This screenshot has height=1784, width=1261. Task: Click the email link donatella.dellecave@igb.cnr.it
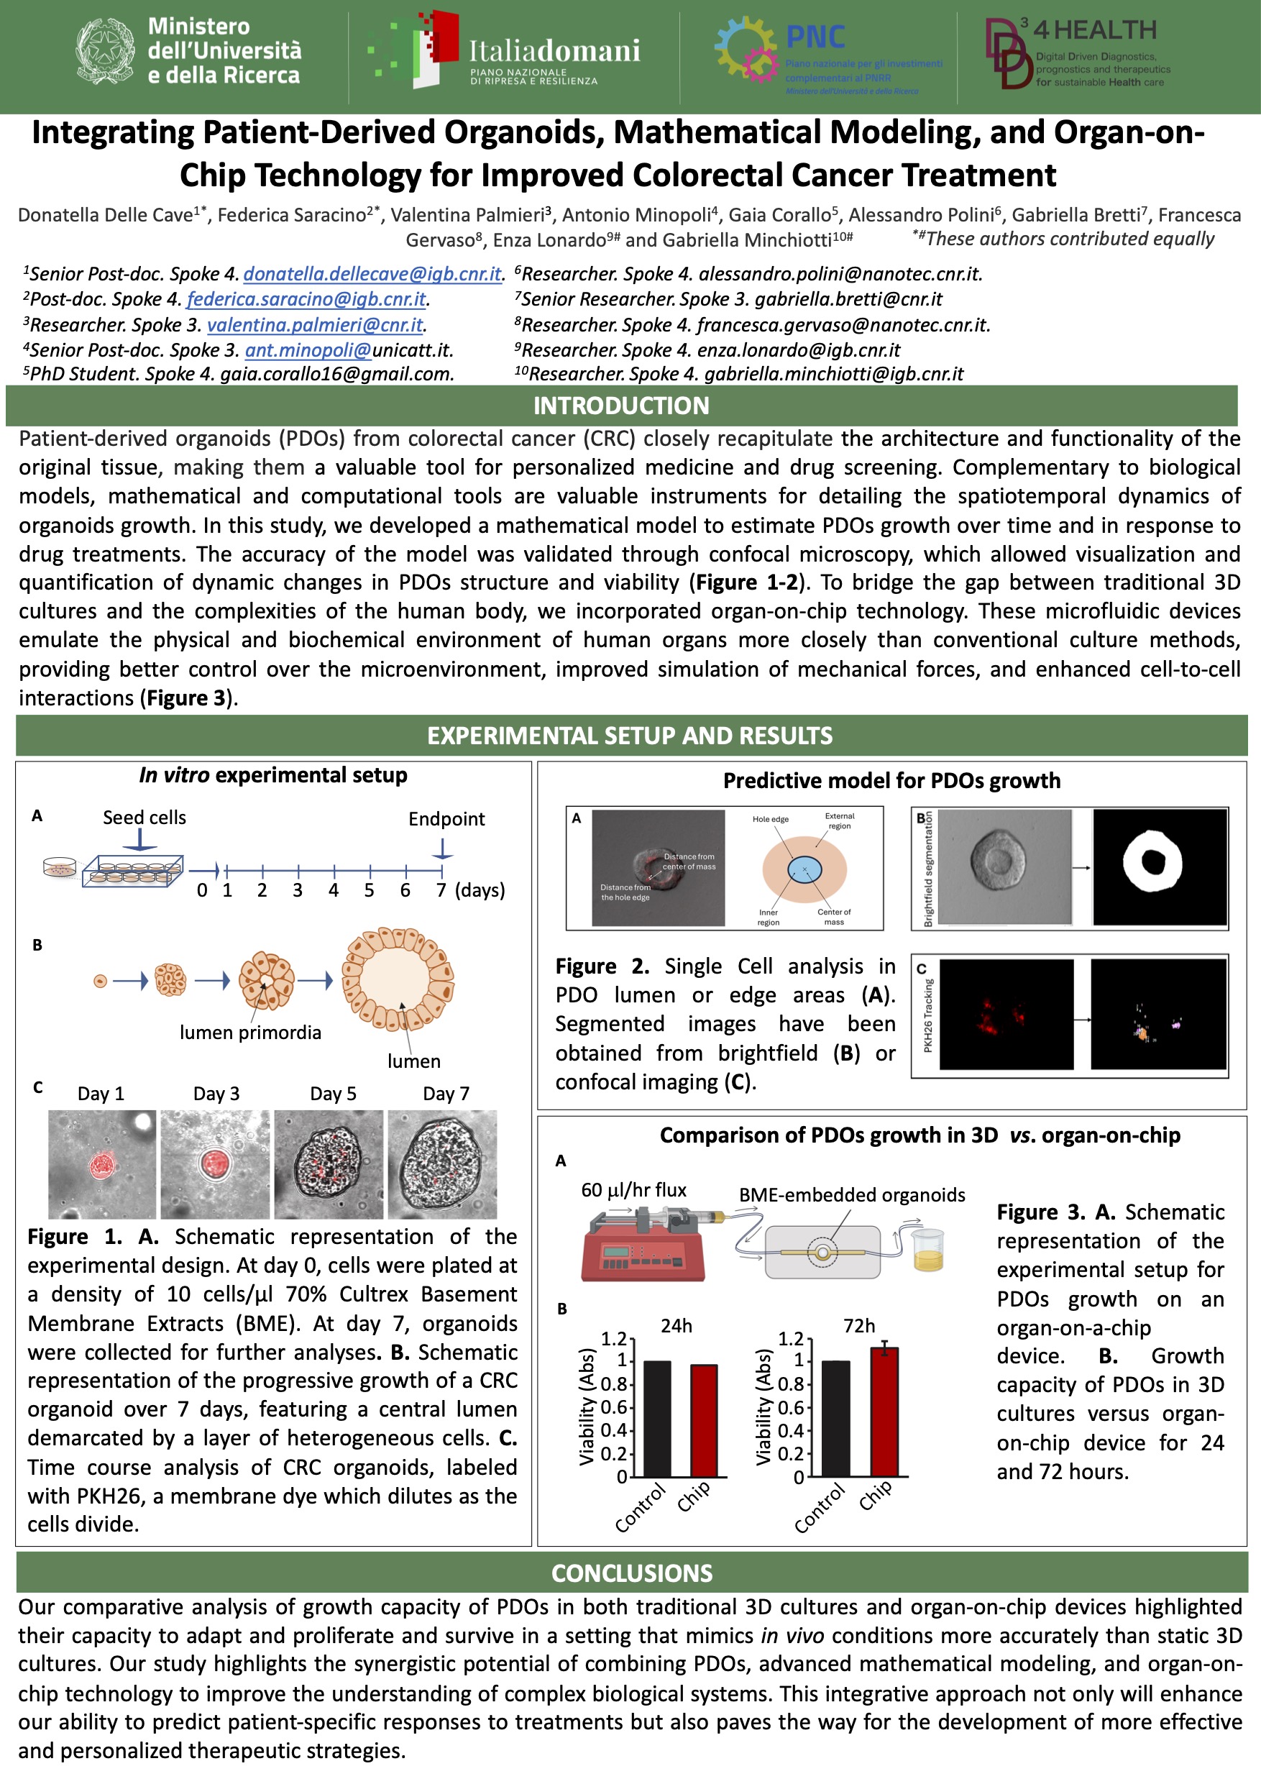[x=372, y=274]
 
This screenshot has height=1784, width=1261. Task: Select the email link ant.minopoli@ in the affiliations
[x=308, y=350]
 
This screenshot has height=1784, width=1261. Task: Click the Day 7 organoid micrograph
[x=442, y=1164]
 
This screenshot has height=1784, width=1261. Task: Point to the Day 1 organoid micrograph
[x=102, y=1164]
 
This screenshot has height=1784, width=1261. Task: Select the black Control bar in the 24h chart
[x=657, y=1419]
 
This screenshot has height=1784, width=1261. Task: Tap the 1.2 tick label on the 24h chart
[x=613, y=1338]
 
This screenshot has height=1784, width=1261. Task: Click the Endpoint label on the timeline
[x=446, y=819]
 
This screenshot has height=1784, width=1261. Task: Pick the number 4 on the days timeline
[x=334, y=890]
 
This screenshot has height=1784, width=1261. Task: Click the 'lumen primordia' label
[x=250, y=1033]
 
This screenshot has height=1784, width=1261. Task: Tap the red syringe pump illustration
[x=643, y=1245]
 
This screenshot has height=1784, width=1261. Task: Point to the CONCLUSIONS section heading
[x=631, y=1573]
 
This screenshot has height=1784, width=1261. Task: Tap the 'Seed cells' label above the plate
[x=145, y=818]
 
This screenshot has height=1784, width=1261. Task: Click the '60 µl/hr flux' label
[x=634, y=1190]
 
